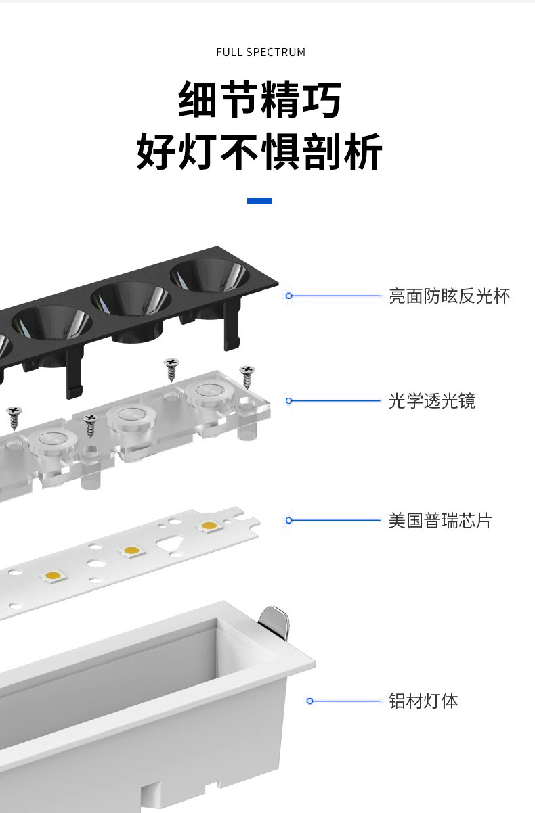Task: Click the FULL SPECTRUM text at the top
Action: (x=261, y=52)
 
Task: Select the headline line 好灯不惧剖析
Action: (x=260, y=152)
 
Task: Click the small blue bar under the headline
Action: (x=259, y=201)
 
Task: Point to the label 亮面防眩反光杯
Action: (x=449, y=296)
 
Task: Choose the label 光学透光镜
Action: (x=432, y=401)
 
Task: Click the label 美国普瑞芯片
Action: (x=440, y=520)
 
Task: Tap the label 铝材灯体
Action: (x=423, y=701)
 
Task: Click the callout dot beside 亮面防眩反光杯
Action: (x=289, y=296)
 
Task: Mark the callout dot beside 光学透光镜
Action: (x=289, y=401)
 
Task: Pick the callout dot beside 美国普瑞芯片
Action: (x=289, y=520)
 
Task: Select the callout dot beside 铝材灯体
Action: (x=310, y=701)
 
